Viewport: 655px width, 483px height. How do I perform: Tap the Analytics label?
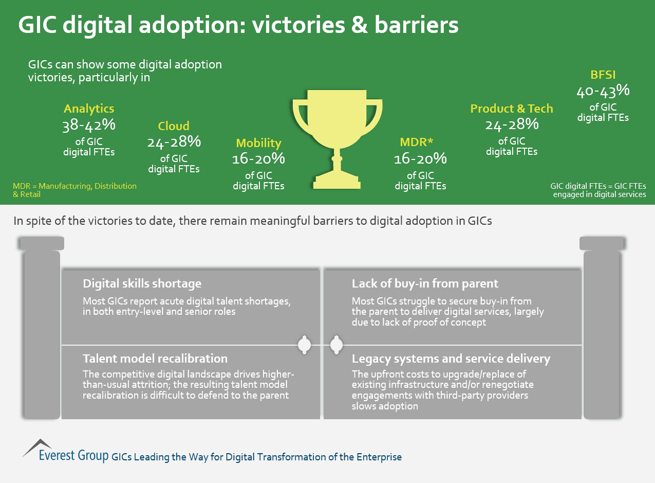[x=89, y=109]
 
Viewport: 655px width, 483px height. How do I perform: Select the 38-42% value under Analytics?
[x=89, y=125]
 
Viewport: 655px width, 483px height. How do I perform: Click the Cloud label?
[x=174, y=126]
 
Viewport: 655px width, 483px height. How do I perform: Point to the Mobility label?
[x=258, y=143]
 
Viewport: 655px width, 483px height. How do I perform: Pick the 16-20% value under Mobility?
[x=258, y=159]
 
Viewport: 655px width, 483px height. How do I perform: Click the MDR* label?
[x=420, y=142]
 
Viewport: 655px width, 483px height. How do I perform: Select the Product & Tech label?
[x=512, y=109]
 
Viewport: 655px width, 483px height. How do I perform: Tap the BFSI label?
[x=603, y=75]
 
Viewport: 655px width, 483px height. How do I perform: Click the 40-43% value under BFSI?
[x=603, y=91]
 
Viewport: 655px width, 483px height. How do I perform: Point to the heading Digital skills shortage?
[x=142, y=283]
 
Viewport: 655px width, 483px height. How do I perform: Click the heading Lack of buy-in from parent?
[x=425, y=283]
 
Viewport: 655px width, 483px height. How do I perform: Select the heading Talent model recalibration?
[x=155, y=358]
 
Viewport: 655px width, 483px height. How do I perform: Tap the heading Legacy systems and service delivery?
[x=451, y=358]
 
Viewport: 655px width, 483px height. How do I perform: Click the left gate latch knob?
[x=305, y=345]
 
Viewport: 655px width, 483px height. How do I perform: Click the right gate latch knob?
[x=336, y=345]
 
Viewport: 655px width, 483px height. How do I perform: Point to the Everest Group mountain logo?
[x=38, y=447]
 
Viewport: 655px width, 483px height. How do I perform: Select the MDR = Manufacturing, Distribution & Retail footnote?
[x=74, y=190]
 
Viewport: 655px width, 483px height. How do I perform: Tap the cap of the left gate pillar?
[x=41, y=243]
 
